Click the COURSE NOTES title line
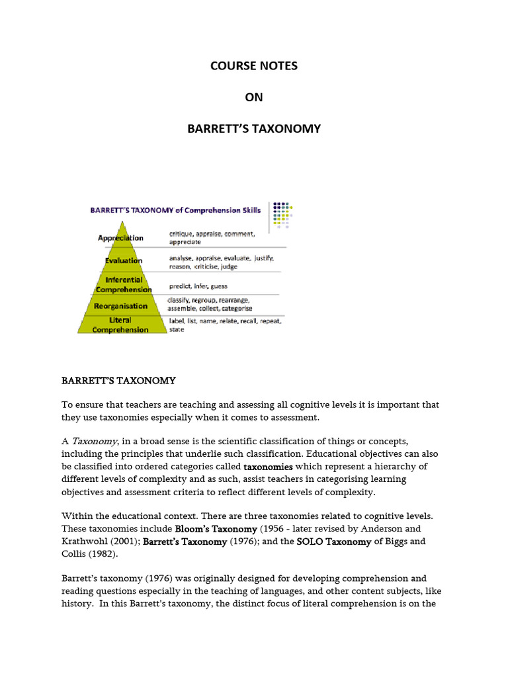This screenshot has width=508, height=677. click(254, 66)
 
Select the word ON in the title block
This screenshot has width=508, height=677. click(254, 97)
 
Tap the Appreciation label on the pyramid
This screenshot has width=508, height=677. click(120, 238)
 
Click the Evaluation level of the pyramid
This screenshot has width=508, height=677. click(123, 260)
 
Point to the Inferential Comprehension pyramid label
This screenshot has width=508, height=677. click(123, 285)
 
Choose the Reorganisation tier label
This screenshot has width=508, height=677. click(121, 306)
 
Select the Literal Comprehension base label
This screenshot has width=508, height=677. click(120, 325)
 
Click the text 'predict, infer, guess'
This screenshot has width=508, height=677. click(198, 286)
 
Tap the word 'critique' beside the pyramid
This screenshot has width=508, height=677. click(183, 234)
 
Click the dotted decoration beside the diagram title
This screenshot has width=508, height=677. click(282, 214)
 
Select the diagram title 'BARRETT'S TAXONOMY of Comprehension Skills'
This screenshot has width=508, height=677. click(175, 210)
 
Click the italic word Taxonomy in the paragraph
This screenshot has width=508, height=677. click(95, 441)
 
